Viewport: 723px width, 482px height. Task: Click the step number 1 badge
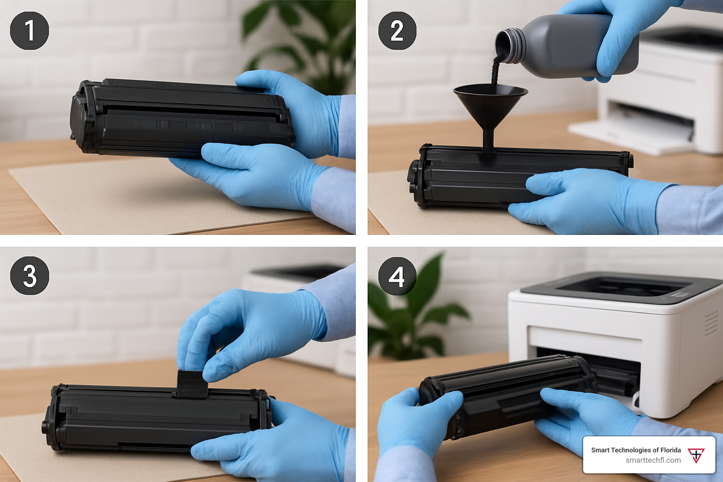[29, 31]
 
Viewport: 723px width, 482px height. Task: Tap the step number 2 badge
[397, 31]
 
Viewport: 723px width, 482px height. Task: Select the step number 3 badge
[29, 275]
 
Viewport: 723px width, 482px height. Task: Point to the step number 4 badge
[397, 276]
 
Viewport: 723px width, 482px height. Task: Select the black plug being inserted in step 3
[192, 384]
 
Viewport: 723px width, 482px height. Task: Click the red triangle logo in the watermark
[696, 455]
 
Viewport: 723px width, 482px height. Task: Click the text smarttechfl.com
[653, 460]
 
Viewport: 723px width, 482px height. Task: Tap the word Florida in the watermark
[669, 450]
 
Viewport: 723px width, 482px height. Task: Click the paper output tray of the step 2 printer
[629, 136]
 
